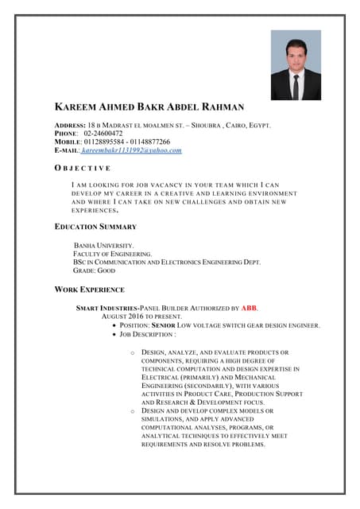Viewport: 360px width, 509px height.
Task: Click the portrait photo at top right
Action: coord(296,65)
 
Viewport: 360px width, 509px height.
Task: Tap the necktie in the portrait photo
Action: coord(296,86)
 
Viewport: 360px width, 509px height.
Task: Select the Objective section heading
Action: coord(83,169)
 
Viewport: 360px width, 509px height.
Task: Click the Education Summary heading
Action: coord(95,227)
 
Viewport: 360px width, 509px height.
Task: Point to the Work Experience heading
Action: coord(89,289)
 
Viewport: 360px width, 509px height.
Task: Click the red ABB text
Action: coord(250,307)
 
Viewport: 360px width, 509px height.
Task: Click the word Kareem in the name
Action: coord(75,107)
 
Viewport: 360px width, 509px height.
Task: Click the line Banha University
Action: coord(103,246)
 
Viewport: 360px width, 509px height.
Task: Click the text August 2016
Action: coord(126,316)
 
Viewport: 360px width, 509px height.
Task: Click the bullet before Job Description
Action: coord(117,335)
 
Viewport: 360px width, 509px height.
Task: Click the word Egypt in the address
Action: coord(260,126)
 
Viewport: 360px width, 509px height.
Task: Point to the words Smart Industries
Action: coord(106,307)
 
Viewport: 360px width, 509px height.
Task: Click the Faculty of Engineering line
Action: coord(111,254)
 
